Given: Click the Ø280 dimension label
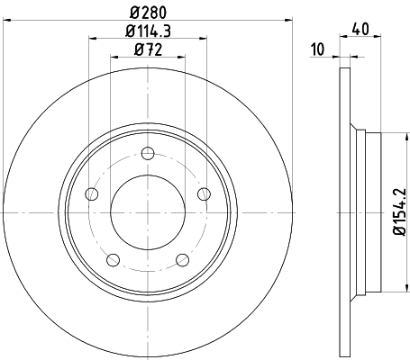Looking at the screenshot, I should [148, 13].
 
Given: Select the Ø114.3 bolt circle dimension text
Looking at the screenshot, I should [148, 33].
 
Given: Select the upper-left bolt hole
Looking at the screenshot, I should [91, 193].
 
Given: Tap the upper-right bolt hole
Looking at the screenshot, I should [203, 193].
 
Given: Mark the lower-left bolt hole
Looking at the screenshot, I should [113, 260].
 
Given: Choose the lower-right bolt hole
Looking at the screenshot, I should [182, 260].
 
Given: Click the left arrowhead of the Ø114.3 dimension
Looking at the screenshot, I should [93, 39].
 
